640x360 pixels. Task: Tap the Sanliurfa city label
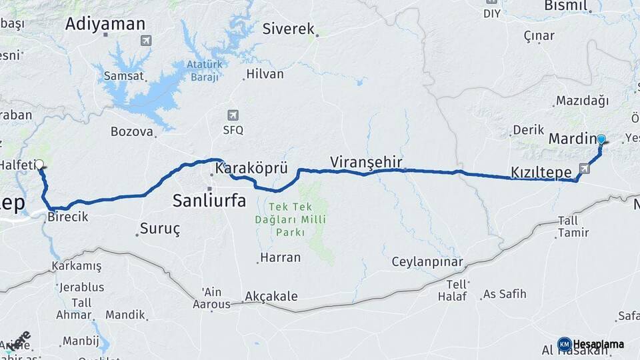(209, 199)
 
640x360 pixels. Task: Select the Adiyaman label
(105, 24)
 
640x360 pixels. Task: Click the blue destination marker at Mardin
(601, 139)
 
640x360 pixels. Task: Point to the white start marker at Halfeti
(39, 164)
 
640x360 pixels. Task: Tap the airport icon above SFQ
(233, 115)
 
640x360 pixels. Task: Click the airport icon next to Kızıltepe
(585, 169)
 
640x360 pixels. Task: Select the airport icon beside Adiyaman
(145, 41)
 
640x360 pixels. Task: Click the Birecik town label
(68, 217)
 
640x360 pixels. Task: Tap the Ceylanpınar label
(427, 261)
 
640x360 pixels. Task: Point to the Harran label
(281, 257)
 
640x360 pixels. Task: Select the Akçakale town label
(271, 296)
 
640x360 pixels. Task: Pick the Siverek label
(288, 29)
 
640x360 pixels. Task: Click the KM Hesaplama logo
(591, 344)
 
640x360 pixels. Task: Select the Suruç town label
(160, 229)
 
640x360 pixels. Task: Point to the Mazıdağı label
(581, 101)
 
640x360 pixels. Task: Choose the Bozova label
(132, 131)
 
